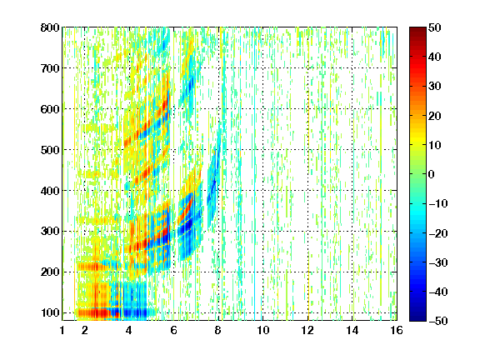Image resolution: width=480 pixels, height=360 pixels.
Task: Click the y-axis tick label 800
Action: coord(50,27)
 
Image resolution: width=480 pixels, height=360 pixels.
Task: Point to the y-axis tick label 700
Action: coord(50,68)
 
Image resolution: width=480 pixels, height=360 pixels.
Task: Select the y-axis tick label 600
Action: coord(50,109)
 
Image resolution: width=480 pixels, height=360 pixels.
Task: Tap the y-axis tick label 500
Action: coord(50,150)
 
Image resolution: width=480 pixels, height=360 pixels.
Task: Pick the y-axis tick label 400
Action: coord(50,191)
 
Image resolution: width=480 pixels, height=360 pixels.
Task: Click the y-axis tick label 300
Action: coord(50,231)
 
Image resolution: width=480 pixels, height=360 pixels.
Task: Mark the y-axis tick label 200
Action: coord(50,272)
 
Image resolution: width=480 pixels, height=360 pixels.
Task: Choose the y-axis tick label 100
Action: coord(50,312)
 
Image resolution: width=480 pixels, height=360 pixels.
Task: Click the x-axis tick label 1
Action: coord(62,330)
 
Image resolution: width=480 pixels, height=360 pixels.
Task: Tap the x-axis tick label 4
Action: coord(129,330)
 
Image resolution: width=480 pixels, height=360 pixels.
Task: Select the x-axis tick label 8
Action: coord(217,330)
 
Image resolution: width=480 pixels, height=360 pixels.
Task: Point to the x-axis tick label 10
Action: coord(262,330)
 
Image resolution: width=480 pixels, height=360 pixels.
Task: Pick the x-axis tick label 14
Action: coord(352,330)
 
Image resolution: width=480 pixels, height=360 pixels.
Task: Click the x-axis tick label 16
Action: coord(397,330)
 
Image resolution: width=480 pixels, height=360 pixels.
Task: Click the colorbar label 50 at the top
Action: coord(435,27)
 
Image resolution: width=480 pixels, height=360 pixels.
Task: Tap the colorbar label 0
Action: coord(432,174)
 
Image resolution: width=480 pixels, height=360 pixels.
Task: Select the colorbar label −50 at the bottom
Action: coord(438,321)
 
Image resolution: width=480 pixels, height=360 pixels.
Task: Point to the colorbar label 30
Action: coord(435,87)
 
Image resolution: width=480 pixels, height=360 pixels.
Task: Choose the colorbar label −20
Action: coord(438,233)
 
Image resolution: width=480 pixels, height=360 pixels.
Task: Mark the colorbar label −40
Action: coord(438,292)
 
